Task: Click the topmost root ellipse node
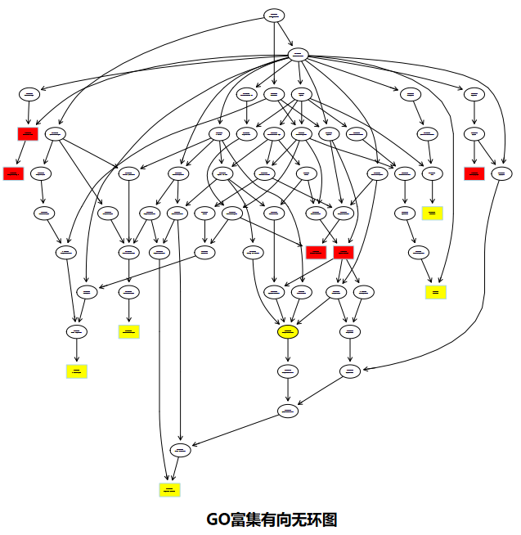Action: (274, 16)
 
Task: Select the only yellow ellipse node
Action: (288, 331)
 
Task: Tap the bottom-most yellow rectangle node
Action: (169, 490)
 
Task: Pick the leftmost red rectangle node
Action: (13, 173)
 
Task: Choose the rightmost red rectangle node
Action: (474, 173)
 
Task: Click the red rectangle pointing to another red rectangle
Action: (29, 133)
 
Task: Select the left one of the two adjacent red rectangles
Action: (317, 252)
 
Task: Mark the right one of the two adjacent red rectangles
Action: (344, 252)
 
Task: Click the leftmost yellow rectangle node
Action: (77, 371)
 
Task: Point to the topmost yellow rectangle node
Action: (433, 214)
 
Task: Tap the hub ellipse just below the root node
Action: (298, 55)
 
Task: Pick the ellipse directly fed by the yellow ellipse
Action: (288, 371)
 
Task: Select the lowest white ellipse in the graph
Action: (181, 450)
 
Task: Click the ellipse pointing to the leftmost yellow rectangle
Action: (77, 331)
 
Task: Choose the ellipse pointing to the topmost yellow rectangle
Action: (433, 173)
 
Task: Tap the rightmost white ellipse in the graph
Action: (502, 173)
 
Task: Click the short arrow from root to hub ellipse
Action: (285, 34)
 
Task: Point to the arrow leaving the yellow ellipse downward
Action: (288, 351)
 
